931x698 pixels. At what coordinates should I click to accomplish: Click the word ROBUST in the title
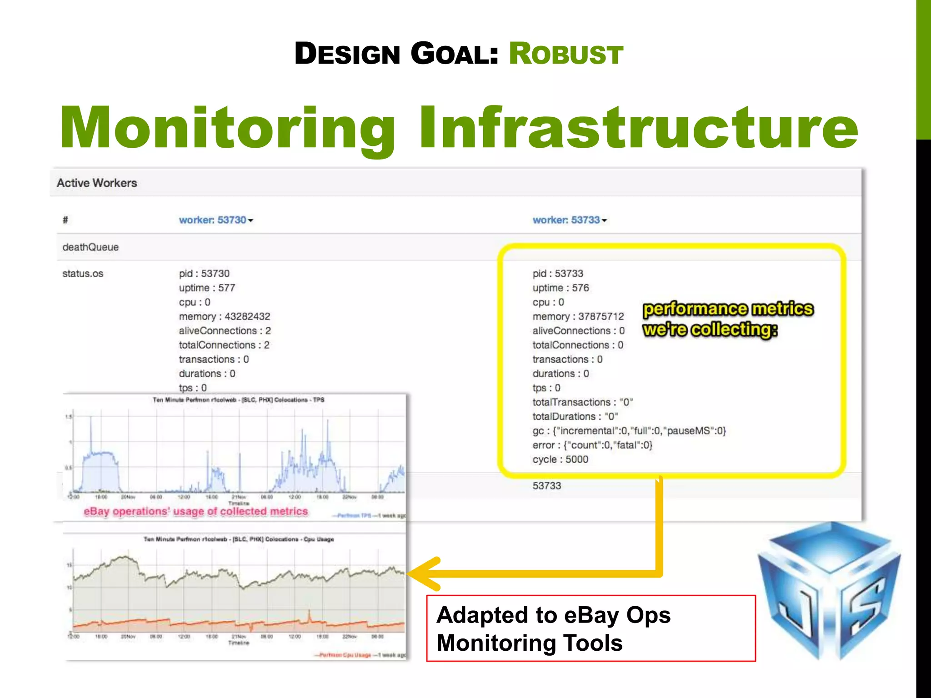point(566,54)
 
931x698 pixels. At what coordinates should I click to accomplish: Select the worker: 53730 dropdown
point(215,220)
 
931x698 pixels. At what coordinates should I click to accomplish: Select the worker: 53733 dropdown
point(569,220)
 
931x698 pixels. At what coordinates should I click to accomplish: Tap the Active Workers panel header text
point(97,183)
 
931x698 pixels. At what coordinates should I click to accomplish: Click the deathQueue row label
point(90,247)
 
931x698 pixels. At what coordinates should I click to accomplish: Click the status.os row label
point(83,274)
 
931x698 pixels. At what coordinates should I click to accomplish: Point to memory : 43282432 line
point(225,316)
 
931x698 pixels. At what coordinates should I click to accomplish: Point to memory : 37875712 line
point(578,316)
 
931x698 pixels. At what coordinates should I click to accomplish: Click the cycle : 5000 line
point(560,459)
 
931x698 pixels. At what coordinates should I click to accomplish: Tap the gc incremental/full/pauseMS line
point(629,431)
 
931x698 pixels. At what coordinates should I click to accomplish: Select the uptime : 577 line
point(207,288)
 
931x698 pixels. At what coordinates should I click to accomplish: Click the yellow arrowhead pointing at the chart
point(423,573)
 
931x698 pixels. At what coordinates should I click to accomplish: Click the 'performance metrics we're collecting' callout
point(727,319)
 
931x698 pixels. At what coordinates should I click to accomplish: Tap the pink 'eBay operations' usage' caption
point(195,512)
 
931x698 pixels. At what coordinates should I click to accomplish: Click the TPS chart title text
point(238,400)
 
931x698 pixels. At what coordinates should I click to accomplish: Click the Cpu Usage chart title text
point(238,539)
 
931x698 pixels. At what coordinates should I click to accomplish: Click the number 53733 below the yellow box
point(547,486)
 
